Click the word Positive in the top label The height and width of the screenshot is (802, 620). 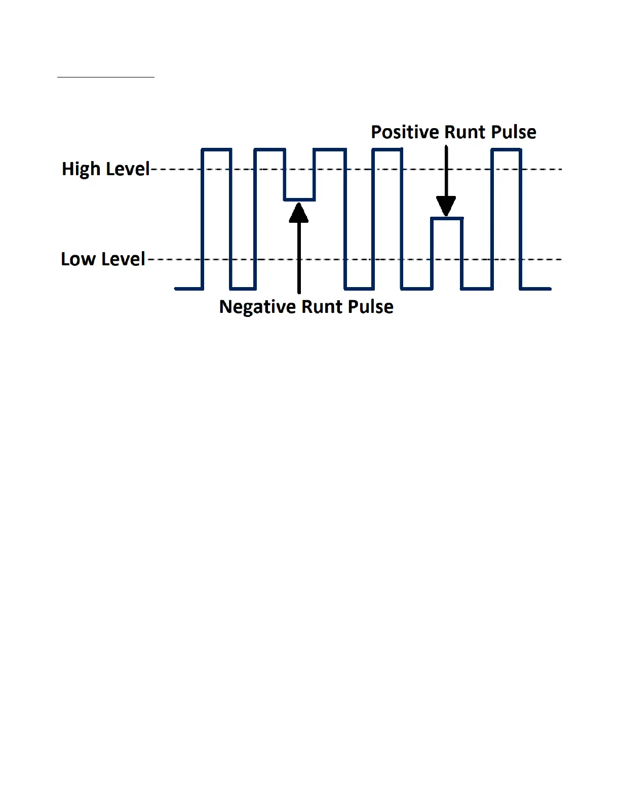[x=404, y=132]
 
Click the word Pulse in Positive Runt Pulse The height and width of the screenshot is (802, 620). [x=514, y=132]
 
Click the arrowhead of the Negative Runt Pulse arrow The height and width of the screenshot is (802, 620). [x=299, y=213]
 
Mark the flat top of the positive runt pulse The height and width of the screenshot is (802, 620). [x=447, y=219]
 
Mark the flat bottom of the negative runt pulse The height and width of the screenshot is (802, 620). [x=299, y=200]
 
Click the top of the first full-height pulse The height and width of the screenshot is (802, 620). [x=216, y=149]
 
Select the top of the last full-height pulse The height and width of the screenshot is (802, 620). [x=507, y=149]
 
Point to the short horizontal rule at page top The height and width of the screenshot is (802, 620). [x=105, y=77]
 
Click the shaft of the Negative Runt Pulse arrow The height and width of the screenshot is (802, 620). [x=299, y=258]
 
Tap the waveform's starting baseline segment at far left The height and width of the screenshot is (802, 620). [x=188, y=289]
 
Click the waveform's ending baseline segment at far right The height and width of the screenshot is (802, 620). [x=536, y=289]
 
